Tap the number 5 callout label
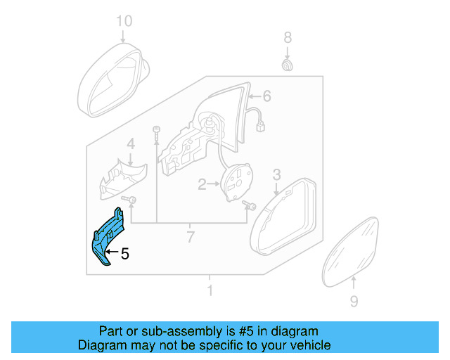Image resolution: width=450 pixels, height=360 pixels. [124, 255]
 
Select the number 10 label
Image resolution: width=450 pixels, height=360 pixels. [124, 21]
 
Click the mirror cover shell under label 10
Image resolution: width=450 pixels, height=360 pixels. [112, 81]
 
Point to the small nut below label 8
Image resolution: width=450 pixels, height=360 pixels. [287, 65]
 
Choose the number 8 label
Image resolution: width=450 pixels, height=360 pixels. [287, 37]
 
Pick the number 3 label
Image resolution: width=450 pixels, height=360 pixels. [276, 174]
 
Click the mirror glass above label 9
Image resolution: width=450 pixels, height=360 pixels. [352, 250]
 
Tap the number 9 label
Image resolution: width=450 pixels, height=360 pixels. [354, 302]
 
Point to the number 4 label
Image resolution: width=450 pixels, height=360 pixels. [130, 145]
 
